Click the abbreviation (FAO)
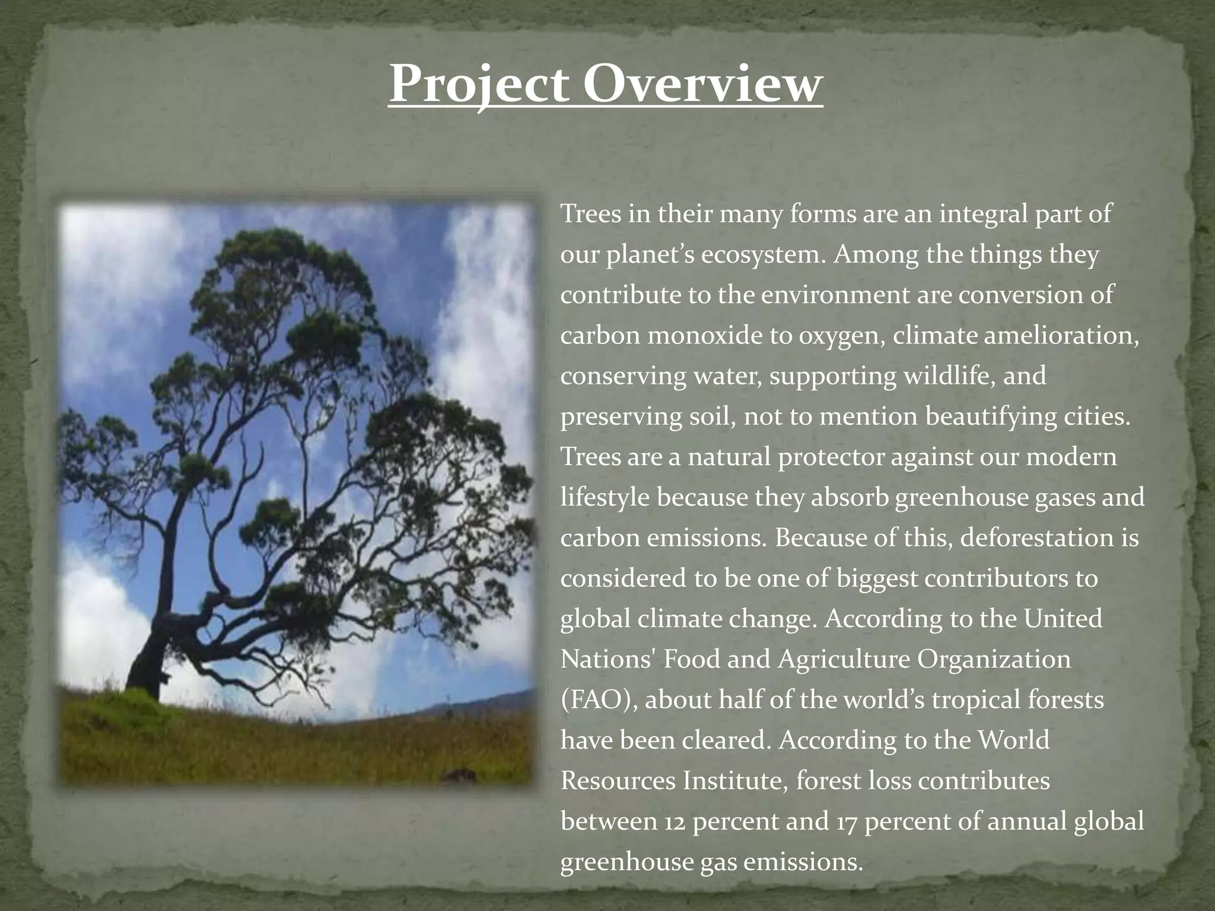[599, 700]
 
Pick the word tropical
[974, 700]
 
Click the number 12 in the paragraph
[671, 821]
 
